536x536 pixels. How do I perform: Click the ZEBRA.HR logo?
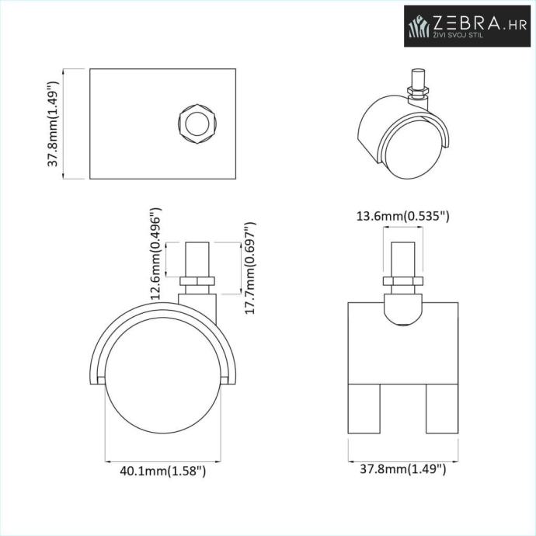pyautogui.click(x=468, y=26)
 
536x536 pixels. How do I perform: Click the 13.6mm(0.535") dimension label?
pyautogui.click(x=402, y=216)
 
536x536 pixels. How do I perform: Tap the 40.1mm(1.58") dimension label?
pyautogui.click(x=162, y=471)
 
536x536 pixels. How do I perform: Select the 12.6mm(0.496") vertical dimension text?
pyautogui.click(x=156, y=253)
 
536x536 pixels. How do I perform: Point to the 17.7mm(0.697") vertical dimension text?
pyautogui.click(x=250, y=268)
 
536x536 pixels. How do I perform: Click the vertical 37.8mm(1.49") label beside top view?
pyautogui.click(x=53, y=124)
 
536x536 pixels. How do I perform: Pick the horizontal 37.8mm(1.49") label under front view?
pyautogui.click(x=402, y=468)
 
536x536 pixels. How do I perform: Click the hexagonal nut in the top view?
pyautogui.click(x=197, y=124)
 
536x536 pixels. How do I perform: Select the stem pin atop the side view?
pyautogui.click(x=197, y=259)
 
